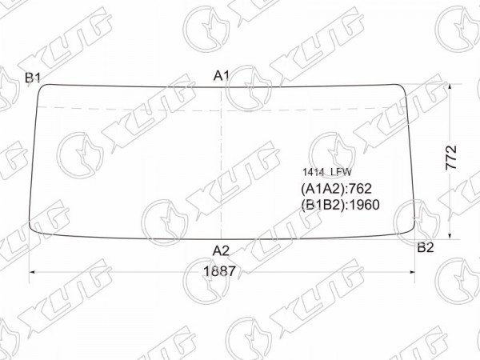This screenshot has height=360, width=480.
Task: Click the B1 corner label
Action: coord(33,78)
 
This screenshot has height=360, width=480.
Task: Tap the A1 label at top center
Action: coord(222,76)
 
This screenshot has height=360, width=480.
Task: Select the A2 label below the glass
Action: coord(221,251)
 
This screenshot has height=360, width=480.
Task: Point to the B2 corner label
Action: coord(426,247)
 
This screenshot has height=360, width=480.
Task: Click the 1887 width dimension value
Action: coord(220,271)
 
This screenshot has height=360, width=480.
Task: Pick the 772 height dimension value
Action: coord(451,158)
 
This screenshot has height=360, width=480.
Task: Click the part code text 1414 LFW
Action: coord(327,172)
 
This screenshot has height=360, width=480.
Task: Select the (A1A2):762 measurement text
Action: coord(337,189)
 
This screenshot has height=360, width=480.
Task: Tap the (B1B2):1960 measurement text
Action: coord(341,205)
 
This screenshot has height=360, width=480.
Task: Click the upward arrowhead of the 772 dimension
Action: coord(450,87)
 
